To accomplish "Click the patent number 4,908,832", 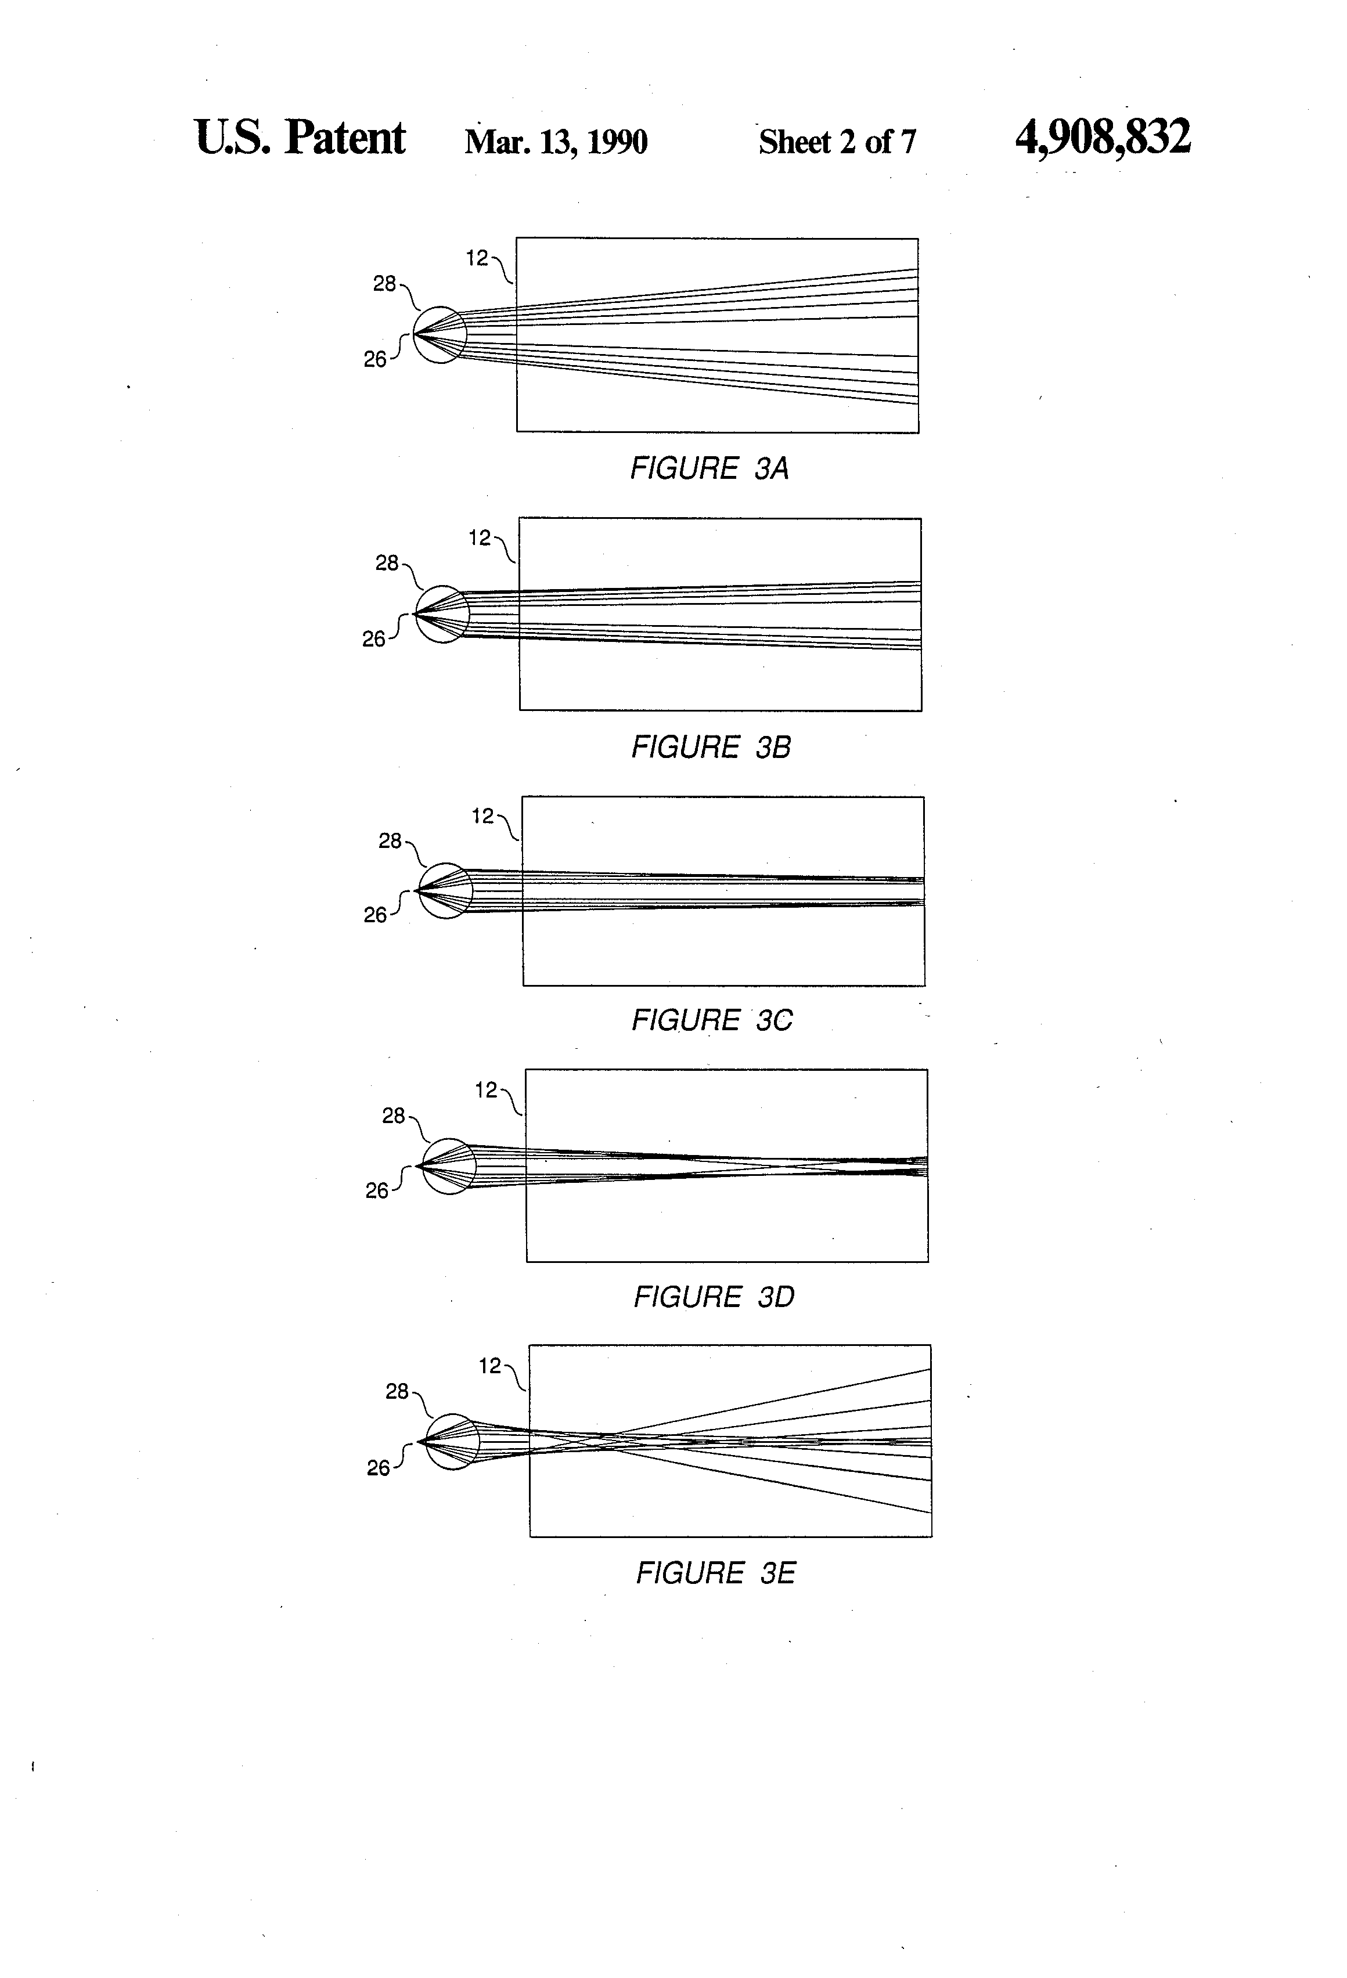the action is (x=1102, y=138).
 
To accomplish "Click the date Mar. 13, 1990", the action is (x=556, y=141).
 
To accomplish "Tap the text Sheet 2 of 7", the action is (x=837, y=141).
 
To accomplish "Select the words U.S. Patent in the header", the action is (x=300, y=138).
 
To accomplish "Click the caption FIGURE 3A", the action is (x=709, y=468).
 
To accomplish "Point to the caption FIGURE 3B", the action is (x=711, y=748).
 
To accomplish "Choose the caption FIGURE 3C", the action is (x=712, y=1020).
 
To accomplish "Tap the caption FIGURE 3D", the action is (x=714, y=1297).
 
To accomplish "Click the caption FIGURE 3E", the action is (x=715, y=1573).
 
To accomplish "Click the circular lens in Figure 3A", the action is (x=440, y=334).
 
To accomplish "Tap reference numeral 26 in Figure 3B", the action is (x=374, y=639).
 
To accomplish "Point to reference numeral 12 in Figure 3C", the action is (x=483, y=816).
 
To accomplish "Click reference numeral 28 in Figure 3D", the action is (x=394, y=1116).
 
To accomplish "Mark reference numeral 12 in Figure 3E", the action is (x=489, y=1366).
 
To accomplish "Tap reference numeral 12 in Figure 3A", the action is (x=477, y=258).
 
